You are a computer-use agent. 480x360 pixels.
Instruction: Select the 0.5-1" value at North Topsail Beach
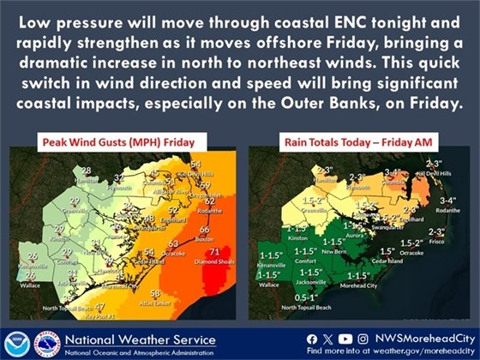point(302,297)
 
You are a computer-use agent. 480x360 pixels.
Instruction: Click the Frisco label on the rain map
point(437,243)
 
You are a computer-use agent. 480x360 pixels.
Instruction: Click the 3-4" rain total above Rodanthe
point(447,199)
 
